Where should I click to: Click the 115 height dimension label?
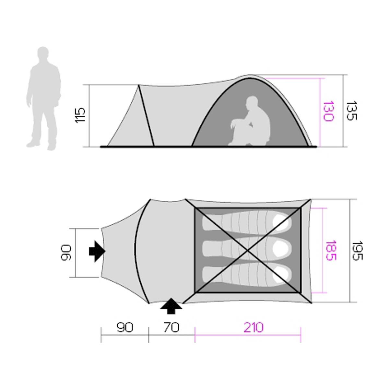click(80, 115)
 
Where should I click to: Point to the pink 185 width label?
click(331, 250)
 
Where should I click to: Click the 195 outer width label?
click(357, 251)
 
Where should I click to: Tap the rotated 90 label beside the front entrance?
click(66, 253)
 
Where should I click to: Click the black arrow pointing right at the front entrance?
click(97, 251)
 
